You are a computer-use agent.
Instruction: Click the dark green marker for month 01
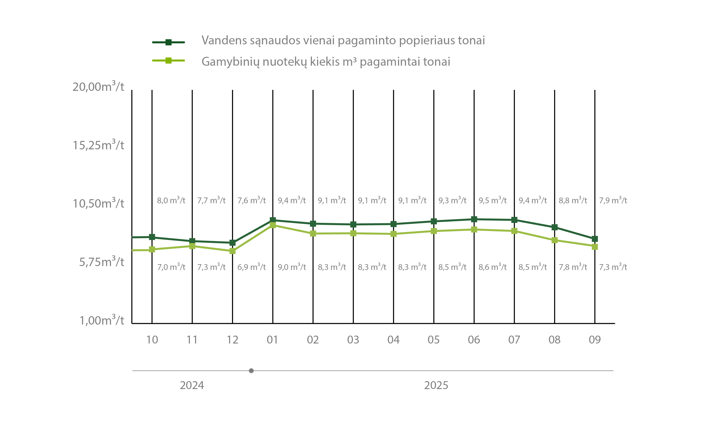(x=273, y=220)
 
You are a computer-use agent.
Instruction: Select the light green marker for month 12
(x=232, y=251)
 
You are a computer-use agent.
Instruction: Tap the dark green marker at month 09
(x=595, y=239)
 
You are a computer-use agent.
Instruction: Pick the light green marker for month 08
(x=555, y=240)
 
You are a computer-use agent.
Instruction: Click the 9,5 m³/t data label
(x=493, y=200)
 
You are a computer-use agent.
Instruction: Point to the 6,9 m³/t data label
(x=251, y=267)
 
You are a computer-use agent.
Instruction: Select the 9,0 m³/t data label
(x=292, y=267)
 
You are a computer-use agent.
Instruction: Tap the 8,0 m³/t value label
(x=171, y=200)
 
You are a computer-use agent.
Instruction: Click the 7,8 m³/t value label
(x=573, y=267)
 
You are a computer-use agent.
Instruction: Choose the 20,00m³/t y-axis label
(x=98, y=86)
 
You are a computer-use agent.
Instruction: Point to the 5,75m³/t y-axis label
(x=102, y=262)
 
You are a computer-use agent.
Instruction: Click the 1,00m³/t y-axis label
(x=102, y=320)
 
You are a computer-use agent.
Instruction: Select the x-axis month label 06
(x=474, y=340)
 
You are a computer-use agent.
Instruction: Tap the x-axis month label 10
(x=152, y=340)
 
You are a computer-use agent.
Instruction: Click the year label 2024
(x=192, y=385)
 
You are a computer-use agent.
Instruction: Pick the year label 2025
(x=436, y=385)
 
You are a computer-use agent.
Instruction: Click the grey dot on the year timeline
(x=251, y=371)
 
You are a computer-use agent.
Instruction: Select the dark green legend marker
(x=168, y=42)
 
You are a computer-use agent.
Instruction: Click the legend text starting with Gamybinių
(x=326, y=61)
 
